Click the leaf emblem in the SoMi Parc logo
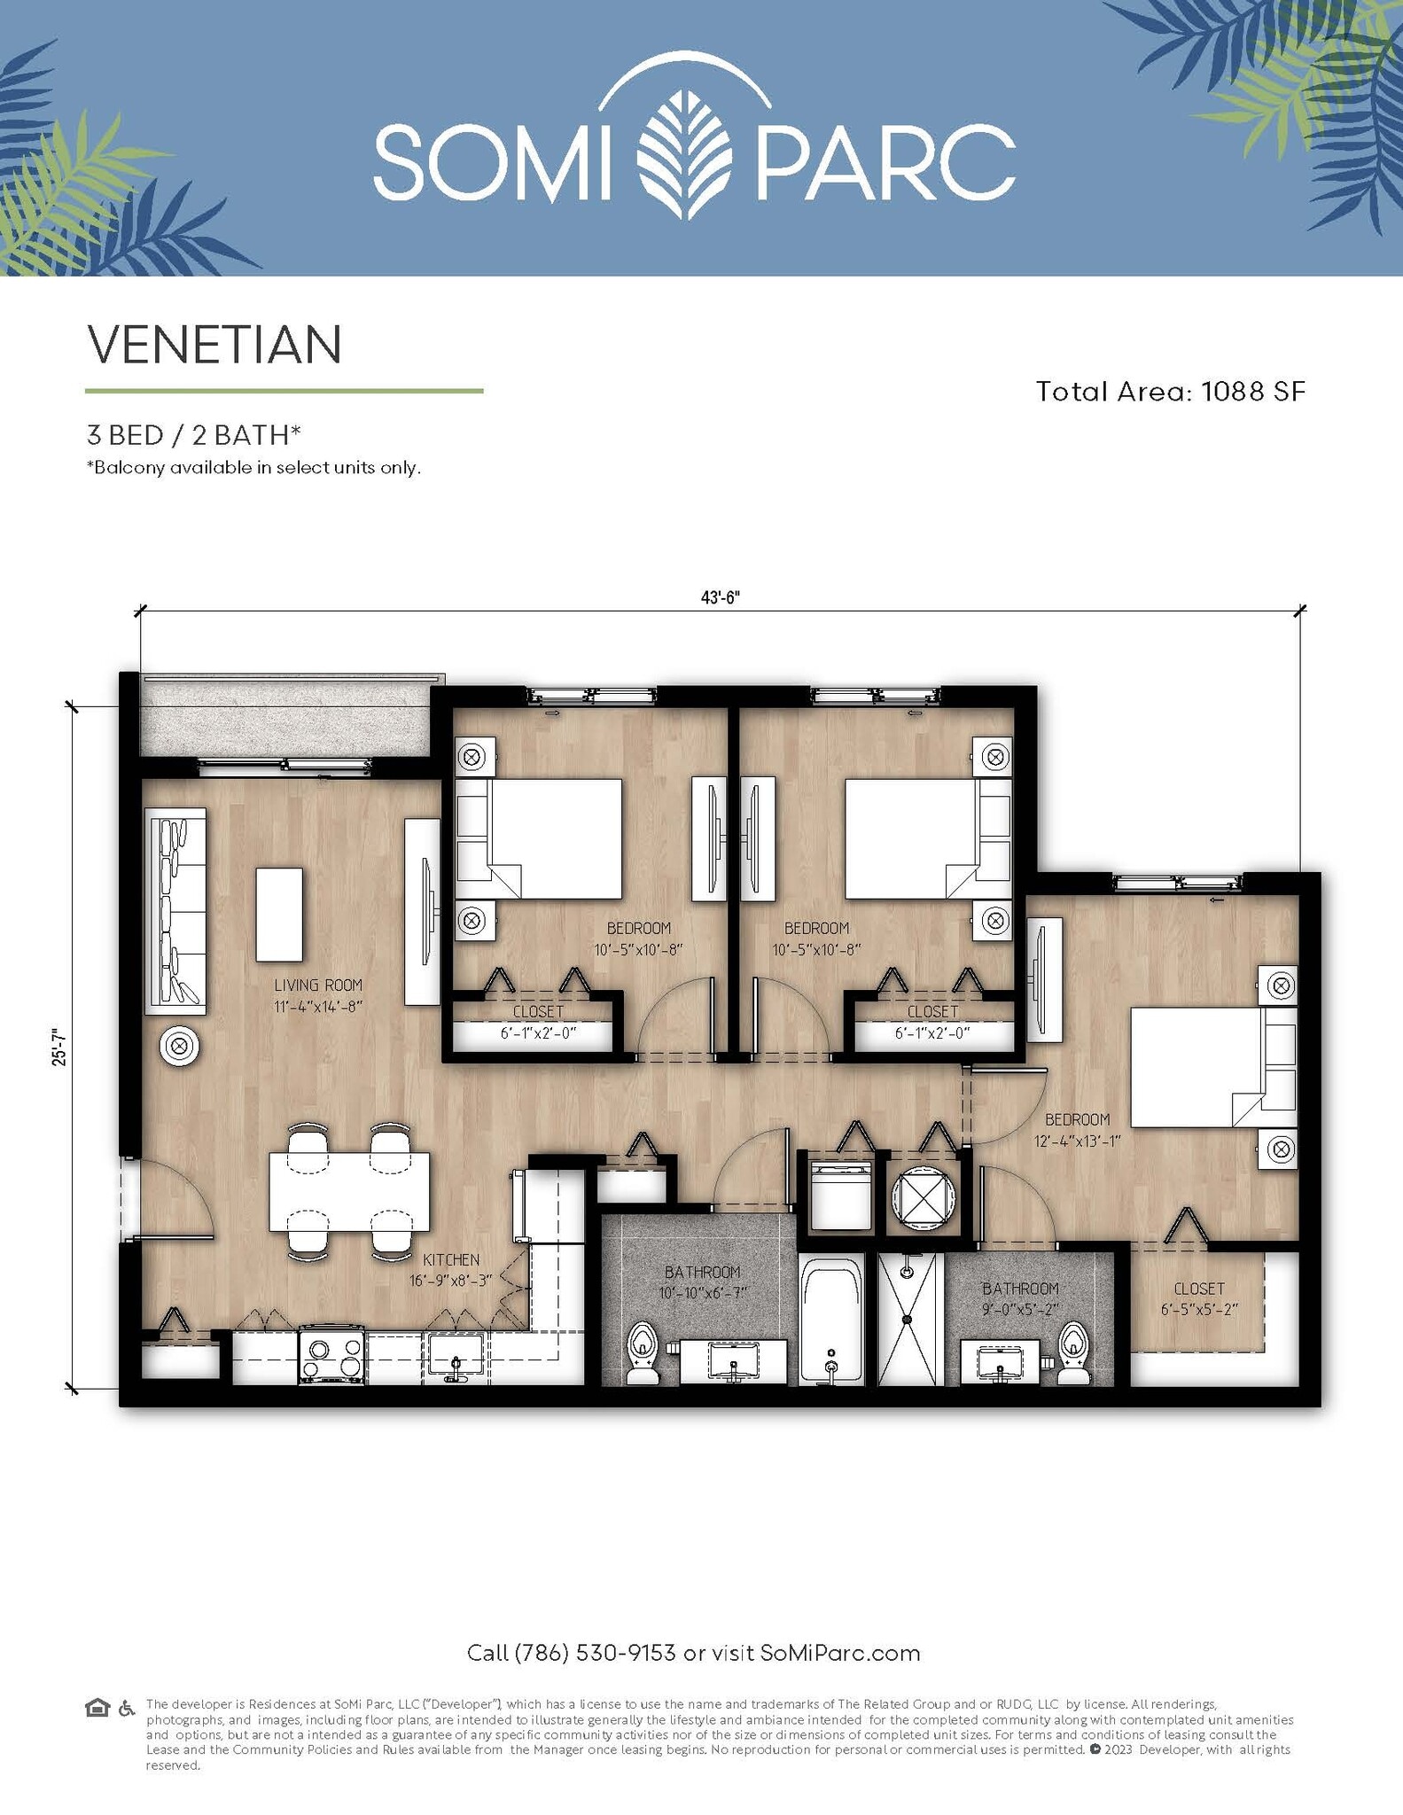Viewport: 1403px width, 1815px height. pyautogui.click(x=684, y=154)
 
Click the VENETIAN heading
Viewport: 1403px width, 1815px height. pyautogui.click(x=214, y=345)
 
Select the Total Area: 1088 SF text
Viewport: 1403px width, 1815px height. pyautogui.click(x=1170, y=392)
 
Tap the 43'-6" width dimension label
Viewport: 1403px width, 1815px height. pyautogui.click(x=720, y=598)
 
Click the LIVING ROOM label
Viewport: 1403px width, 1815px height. pyautogui.click(x=317, y=985)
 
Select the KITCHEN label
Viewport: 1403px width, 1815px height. pyautogui.click(x=451, y=1259)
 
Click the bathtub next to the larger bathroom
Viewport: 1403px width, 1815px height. pyautogui.click(x=831, y=1320)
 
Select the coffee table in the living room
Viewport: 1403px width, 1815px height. pyautogui.click(x=279, y=915)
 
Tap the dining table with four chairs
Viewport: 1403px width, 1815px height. pyautogui.click(x=349, y=1191)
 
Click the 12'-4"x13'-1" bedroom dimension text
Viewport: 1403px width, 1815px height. pyautogui.click(x=1077, y=1141)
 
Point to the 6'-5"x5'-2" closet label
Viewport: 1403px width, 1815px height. pyautogui.click(x=1198, y=1309)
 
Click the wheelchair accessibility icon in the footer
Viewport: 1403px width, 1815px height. pyautogui.click(x=127, y=1708)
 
